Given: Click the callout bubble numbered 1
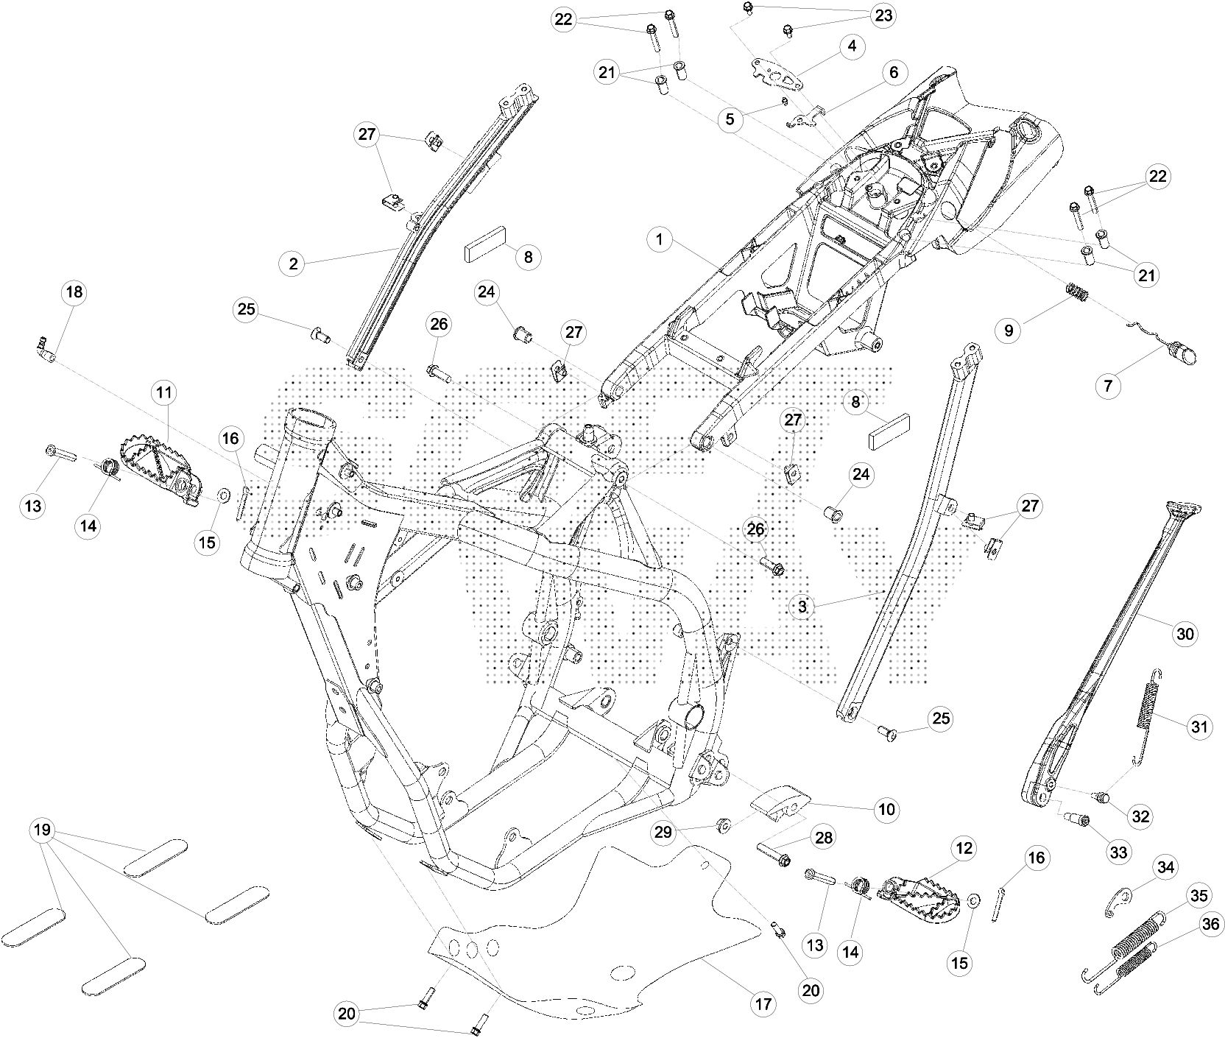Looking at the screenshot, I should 660,240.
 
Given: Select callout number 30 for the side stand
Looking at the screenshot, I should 1185,633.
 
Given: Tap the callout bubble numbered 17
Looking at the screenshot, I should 763,1003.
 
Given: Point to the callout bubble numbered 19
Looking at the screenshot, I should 42,831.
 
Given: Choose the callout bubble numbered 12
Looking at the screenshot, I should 965,849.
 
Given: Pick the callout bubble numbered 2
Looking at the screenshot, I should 294,264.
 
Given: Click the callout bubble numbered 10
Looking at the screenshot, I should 886,810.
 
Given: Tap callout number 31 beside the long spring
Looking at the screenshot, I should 1200,727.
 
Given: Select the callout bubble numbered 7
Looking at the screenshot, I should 1108,385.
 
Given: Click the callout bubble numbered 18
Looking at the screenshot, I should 74,292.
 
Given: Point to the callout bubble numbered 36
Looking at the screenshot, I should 1207,923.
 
